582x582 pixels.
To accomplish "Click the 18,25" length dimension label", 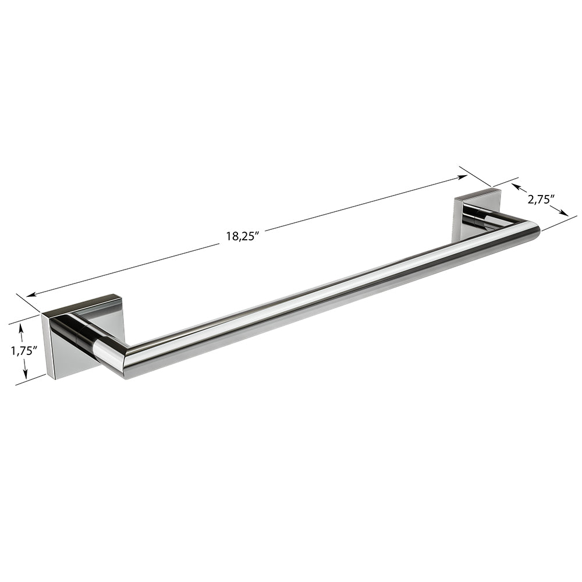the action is tap(242, 236).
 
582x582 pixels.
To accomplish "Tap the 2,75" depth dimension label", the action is tap(541, 200).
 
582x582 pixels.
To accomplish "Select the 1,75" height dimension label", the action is tap(24, 351).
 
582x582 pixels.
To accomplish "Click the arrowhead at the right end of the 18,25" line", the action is tap(463, 178).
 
